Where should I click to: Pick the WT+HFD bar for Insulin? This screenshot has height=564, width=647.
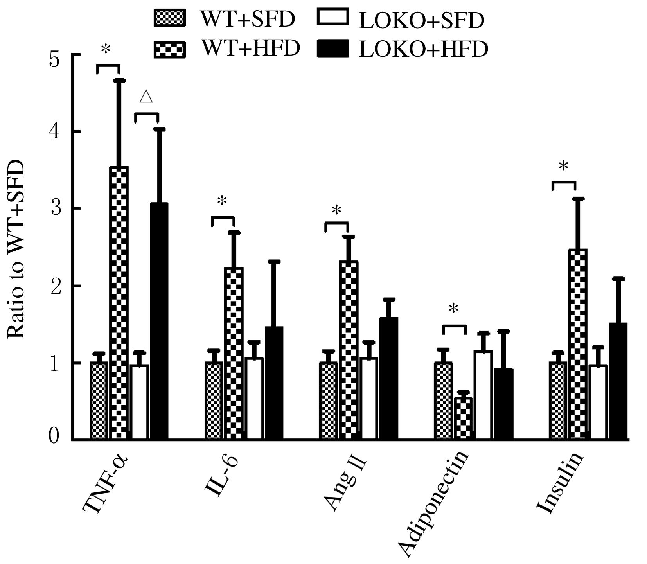pyautogui.click(x=578, y=344)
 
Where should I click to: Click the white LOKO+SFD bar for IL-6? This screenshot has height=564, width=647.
pyautogui.click(x=254, y=399)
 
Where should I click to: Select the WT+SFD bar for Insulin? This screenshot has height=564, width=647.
pyautogui.click(x=558, y=401)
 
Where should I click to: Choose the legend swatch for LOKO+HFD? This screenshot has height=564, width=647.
pyautogui.click(x=333, y=50)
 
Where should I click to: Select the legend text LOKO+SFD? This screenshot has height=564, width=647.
pyautogui.click(x=421, y=21)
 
